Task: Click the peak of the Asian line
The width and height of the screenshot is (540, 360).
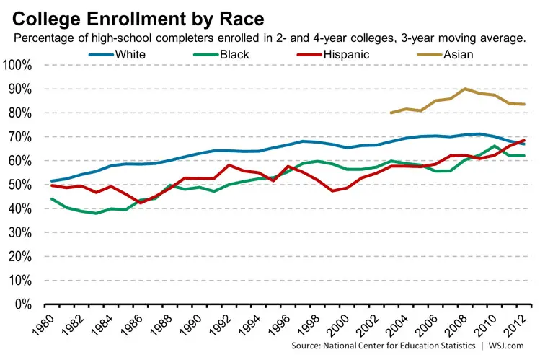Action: (466, 89)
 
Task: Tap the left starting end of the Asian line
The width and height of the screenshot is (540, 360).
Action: (391, 113)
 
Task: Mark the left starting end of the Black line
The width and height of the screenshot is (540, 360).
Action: (50, 199)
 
